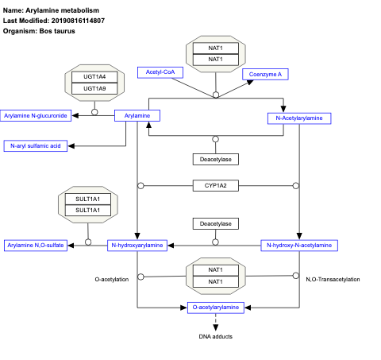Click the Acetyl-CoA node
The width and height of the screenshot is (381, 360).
tap(160, 72)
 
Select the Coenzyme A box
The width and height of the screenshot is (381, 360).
tap(265, 74)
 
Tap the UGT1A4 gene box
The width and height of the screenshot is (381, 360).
tap(94, 77)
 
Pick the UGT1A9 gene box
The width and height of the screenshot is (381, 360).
tap(94, 88)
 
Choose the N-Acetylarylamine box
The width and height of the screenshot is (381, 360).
tap(298, 118)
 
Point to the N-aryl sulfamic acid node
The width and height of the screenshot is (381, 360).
tap(36, 146)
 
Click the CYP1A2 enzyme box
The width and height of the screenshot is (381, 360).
tap(215, 186)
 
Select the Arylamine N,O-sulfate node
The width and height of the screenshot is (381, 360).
tap(36, 246)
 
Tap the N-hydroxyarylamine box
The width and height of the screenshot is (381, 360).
tap(138, 246)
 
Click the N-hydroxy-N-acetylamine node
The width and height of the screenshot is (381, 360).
tap(296, 246)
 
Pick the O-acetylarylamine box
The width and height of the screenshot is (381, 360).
tap(215, 307)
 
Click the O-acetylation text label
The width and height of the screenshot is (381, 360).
tap(111, 279)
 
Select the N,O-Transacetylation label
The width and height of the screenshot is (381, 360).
tap(333, 279)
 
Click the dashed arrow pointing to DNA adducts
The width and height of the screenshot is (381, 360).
tap(215, 321)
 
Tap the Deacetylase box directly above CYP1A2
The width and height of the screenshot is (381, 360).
tap(215, 159)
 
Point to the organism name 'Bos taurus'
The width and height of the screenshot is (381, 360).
tap(60, 29)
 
